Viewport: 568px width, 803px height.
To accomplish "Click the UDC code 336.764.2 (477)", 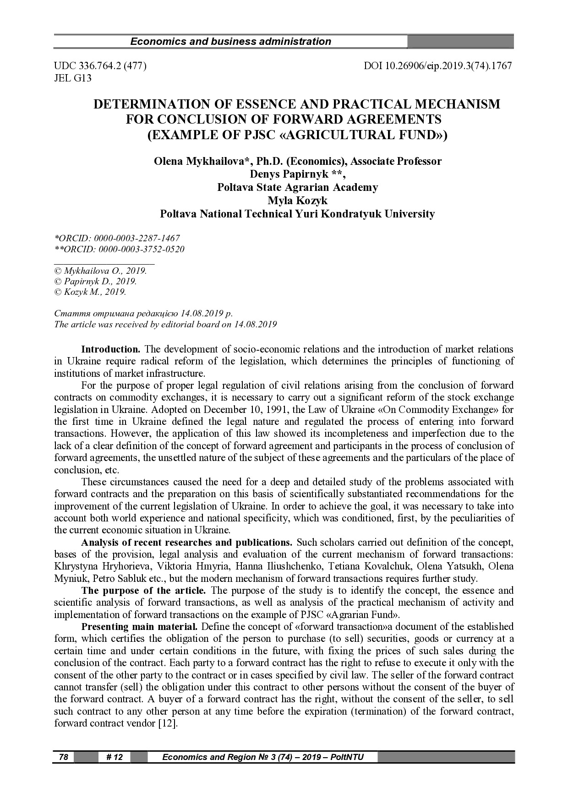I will click(100, 66).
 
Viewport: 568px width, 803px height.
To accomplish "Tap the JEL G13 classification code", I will click(73, 78).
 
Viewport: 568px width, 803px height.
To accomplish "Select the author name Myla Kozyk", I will click(297, 201).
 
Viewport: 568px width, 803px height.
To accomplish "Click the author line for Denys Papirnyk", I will click(297, 174).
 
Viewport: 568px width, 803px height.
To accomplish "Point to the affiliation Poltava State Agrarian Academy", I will click(297, 187).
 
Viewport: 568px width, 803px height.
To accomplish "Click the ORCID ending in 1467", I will click(117, 238).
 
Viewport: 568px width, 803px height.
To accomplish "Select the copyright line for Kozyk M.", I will click(90, 292).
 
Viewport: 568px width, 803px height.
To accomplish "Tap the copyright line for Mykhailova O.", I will click(100, 271).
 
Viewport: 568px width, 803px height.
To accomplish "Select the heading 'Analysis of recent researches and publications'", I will click(186, 543).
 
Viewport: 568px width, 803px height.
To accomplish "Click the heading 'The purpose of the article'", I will click(143, 591).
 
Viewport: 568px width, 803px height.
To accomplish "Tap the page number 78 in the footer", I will click(64, 757).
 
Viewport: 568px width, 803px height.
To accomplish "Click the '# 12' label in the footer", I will click(115, 757).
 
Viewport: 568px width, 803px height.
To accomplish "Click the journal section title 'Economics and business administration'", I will click(230, 42).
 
